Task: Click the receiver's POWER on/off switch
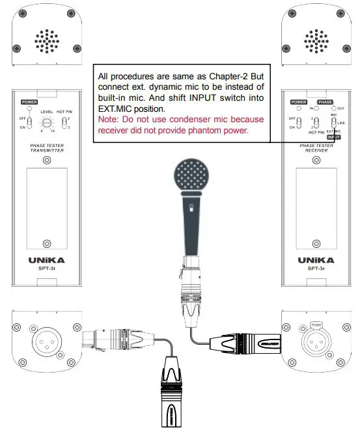(297, 124)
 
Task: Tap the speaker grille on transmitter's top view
(46, 40)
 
